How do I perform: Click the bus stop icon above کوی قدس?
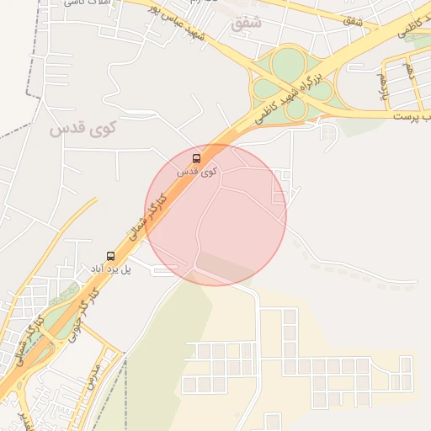click(197, 158)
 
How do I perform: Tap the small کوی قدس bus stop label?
click(197, 171)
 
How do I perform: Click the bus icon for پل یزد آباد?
click(109, 256)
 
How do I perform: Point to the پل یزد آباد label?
click(112, 269)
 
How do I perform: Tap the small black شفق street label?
click(353, 19)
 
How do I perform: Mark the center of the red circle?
click(215, 215)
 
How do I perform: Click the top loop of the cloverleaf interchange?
click(288, 61)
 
